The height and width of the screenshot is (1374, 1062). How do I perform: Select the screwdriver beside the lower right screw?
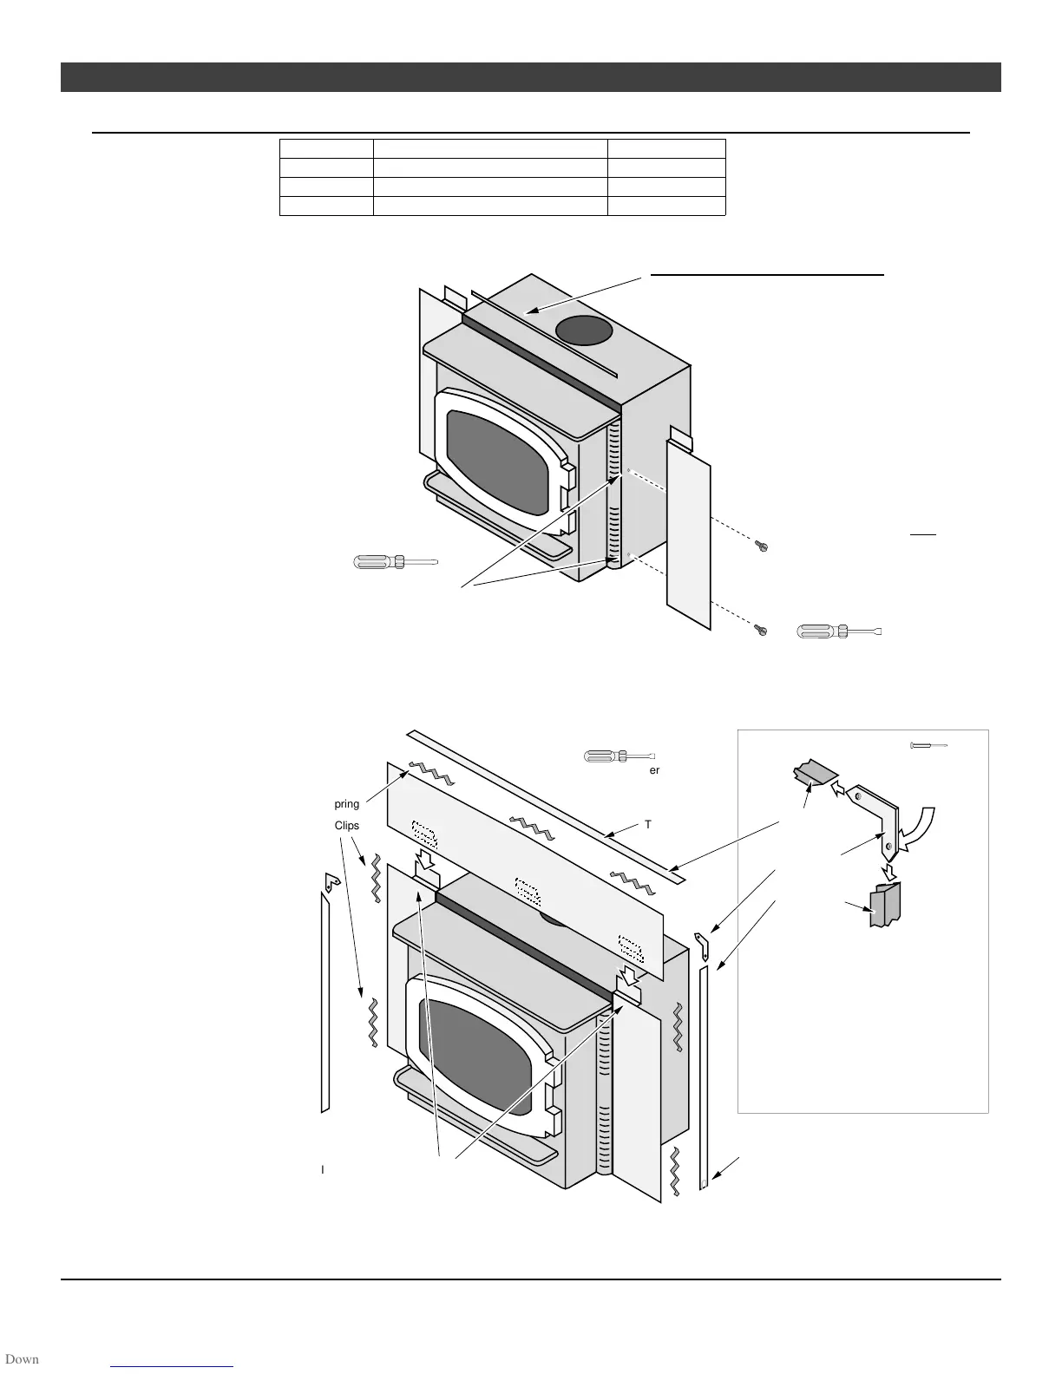(839, 631)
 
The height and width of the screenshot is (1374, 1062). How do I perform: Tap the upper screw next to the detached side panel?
(761, 546)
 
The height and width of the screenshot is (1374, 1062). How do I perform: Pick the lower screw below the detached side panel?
(761, 629)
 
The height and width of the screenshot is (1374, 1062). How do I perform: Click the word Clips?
(347, 826)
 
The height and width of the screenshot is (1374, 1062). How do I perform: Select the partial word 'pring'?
(347, 805)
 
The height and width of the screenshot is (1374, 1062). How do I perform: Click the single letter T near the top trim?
(648, 824)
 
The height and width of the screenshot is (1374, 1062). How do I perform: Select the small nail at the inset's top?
(928, 745)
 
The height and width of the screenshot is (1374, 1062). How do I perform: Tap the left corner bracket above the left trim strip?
(331, 883)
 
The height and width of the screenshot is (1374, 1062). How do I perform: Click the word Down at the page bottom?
(21, 1359)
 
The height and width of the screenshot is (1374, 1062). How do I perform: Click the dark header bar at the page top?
(530, 77)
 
